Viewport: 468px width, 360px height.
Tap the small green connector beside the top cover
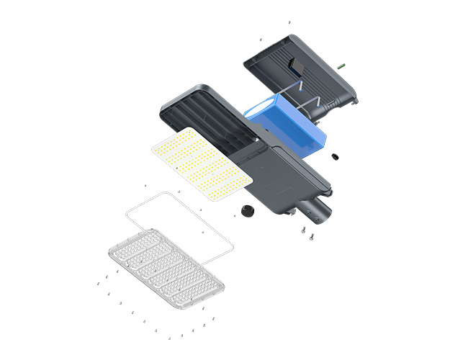[341, 66]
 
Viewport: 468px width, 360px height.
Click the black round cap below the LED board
[249, 210]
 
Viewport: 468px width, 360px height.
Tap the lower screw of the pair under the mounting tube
[307, 238]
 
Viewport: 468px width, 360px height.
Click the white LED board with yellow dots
[201, 163]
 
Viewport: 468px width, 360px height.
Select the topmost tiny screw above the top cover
[289, 23]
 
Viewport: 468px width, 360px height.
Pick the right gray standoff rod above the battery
[317, 100]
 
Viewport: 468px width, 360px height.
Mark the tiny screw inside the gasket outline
[203, 233]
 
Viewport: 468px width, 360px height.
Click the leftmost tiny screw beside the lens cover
[98, 284]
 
